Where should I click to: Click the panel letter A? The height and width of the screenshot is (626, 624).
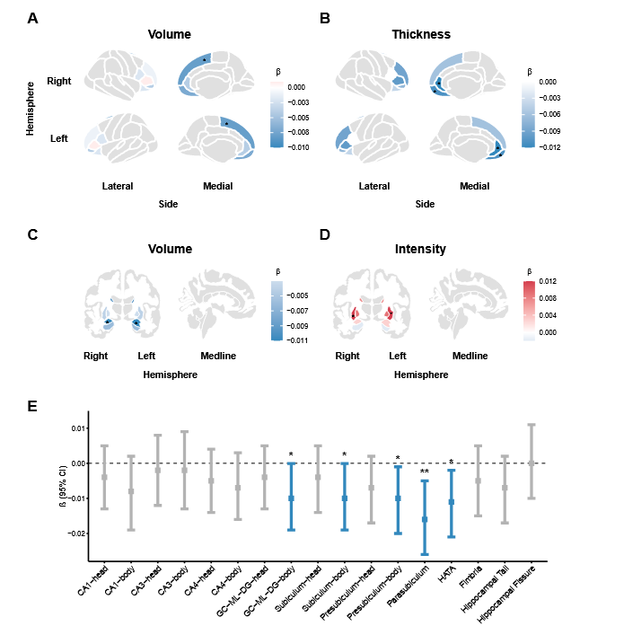click(32, 18)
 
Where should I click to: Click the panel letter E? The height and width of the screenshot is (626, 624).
click(32, 406)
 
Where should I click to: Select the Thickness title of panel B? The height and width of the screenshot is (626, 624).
click(421, 34)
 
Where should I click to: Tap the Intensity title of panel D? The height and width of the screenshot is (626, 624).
click(420, 249)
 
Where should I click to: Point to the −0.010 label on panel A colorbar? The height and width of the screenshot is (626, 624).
click(298, 147)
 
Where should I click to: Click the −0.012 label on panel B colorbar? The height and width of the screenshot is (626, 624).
click(549, 147)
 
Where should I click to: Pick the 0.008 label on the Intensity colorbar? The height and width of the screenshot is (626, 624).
click(548, 298)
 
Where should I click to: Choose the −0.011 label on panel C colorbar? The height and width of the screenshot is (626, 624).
click(297, 340)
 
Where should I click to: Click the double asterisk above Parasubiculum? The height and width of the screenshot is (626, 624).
click(425, 472)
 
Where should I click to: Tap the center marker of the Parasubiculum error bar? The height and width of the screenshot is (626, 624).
click(425, 519)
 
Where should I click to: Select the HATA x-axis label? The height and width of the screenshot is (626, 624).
click(447, 574)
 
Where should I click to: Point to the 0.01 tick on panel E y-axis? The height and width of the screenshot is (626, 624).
click(78, 428)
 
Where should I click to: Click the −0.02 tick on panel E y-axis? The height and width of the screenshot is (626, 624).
click(76, 533)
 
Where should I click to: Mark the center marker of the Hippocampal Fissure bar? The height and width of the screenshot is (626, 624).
click(532, 463)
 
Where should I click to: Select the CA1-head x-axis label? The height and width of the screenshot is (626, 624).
click(92, 580)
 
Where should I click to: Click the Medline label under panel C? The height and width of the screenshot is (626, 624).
click(218, 356)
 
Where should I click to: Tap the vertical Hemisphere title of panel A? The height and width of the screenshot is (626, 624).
click(30, 109)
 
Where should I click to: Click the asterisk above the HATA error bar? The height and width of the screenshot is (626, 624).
click(452, 462)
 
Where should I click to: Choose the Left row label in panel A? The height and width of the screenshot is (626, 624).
click(59, 138)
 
